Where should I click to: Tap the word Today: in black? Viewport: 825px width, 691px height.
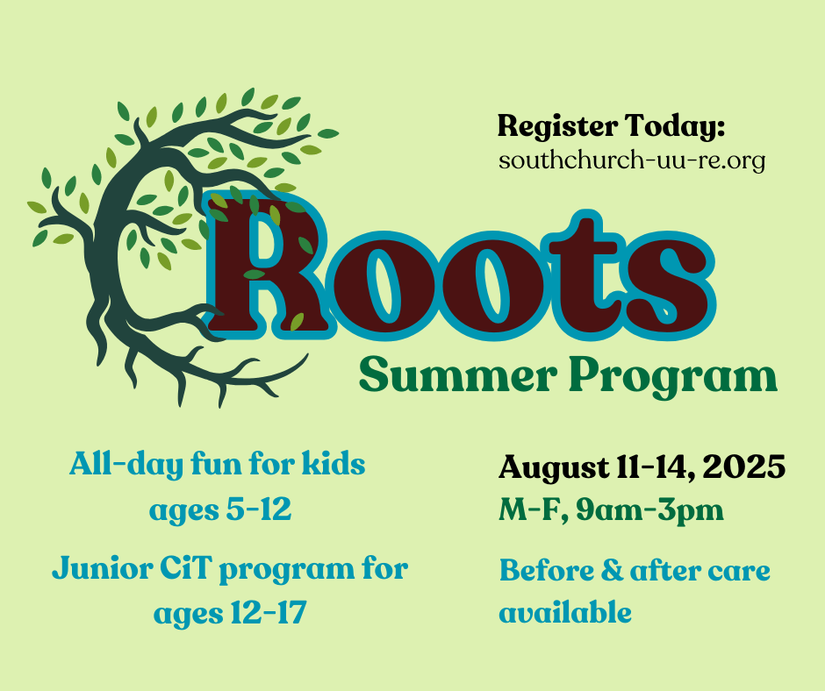(x=676, y=126)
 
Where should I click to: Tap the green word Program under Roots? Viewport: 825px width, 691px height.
(x=673, y=378)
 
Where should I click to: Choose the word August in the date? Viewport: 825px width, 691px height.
(x=553, y=467)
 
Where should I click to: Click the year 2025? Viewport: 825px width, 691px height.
(x=743, y=466)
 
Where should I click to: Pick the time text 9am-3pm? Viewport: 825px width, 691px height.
(x=649, y=510)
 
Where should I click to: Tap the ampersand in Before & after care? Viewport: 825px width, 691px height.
(x=612, y=571)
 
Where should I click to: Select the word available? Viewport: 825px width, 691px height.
(x=565, y=612)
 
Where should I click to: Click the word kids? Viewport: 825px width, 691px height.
(x=334, y=464)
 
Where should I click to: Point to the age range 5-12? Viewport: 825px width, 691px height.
(x=258, y=509)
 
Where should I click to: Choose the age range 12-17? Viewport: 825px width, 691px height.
(x=269, y=613)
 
